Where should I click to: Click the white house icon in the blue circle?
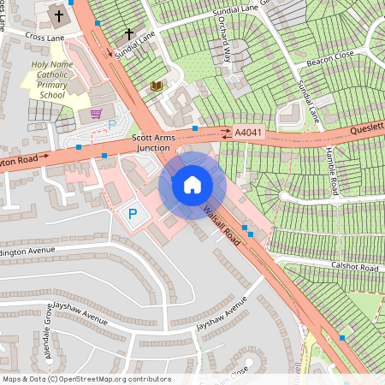coord(192,184)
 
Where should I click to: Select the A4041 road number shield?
coord(247,133)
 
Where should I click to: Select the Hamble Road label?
coord(331,172)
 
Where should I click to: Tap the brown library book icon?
coord(156,86)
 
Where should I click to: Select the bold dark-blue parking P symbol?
coord(133,214)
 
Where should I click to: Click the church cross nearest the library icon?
coord(129,34)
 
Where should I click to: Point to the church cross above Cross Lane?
coord(59,15)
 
